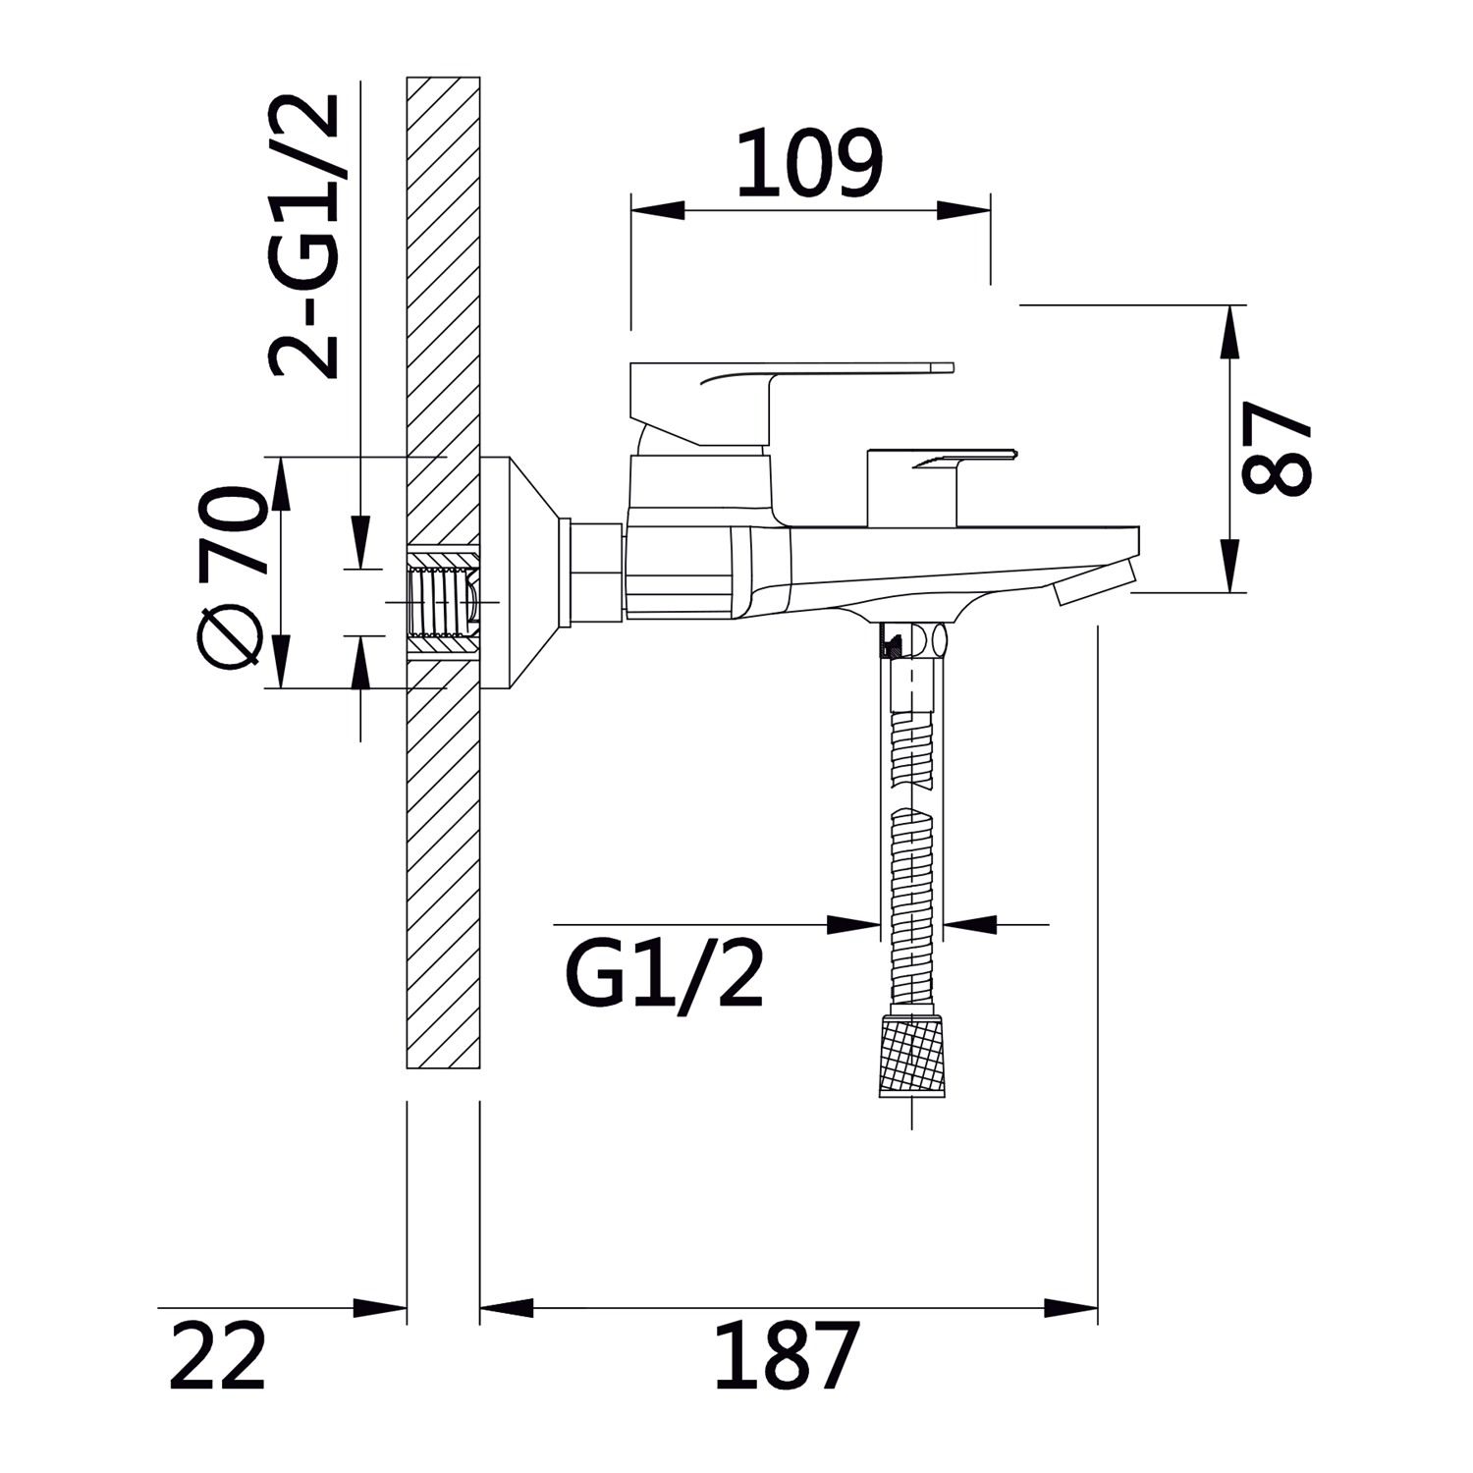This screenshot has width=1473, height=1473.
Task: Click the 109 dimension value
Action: click(x=810, y=163)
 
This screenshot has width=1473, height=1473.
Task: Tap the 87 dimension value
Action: click(x=1277, y=450)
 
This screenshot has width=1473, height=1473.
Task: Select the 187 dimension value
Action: click(x=787, y=1355)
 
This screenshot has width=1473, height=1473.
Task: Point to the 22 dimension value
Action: click(x=217, y=1355)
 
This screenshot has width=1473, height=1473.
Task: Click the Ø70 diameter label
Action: click(x=232, y=578)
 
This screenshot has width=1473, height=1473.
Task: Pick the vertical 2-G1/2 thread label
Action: click(x=304, y=236)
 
